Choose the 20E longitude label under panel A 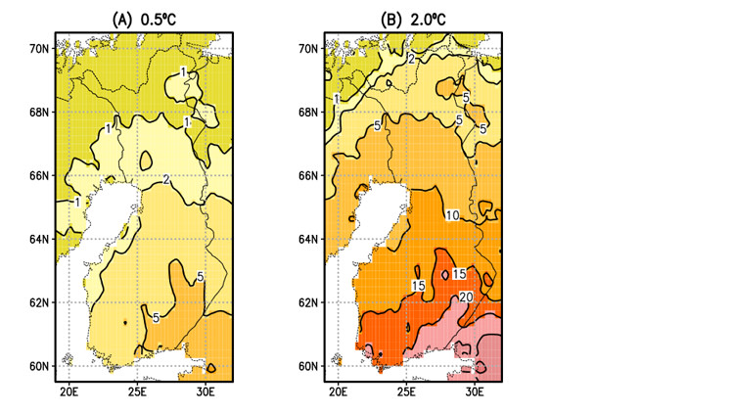(69, 392)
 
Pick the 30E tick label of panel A (206, 392)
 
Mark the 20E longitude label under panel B (338, 392)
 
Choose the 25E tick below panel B (406, 392)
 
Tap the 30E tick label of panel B (475, 392)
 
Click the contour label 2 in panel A (167, 179)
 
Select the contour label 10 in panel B (452, 215)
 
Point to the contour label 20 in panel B (466, 297)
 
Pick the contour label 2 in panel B (412, 60)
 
